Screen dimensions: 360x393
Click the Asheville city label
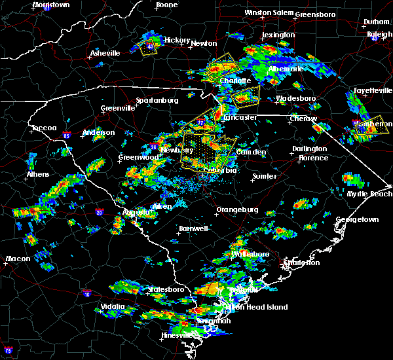pyautogui.click(x=105, y=53)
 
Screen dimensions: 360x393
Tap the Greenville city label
pyautogui.click(x=118, y=109)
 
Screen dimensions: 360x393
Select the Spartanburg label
pyautogui.click(x=157, y=100)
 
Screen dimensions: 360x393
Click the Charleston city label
pyautogui.click(x=301, y=262)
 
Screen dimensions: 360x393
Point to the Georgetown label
pyautogui.click(x=358, y=220)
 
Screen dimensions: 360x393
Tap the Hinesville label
pyautogui.click(x=177, y=336)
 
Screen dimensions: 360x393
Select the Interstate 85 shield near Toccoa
pyautogui.click(x=67, y=136)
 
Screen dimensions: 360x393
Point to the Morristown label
pyautogui.click(x=51, y=5)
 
